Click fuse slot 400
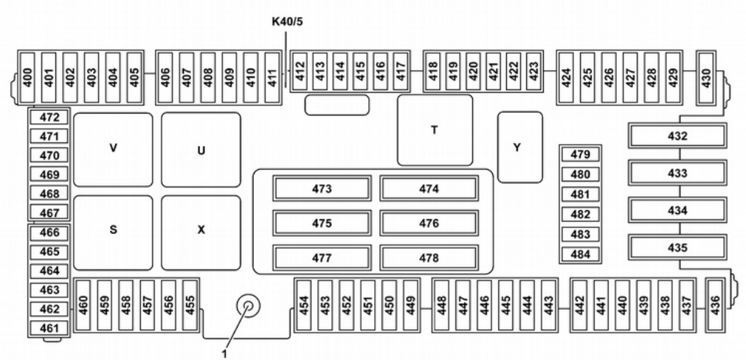click(28, 71)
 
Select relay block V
click(113, 149)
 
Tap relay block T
click(435, 130)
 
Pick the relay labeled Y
click(519, 147)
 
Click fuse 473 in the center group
click(322, 189)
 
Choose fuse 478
click(429, 258)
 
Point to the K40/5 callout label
click(288, 21)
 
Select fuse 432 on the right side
click(677, 136)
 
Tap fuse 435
click(677, 247)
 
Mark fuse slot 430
click(705, 71)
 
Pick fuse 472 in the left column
click(49, 117)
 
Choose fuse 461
click(49, 328)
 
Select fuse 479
click(580, 155)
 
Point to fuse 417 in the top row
click(400, 71)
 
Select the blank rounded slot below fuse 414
click(337, 104)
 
